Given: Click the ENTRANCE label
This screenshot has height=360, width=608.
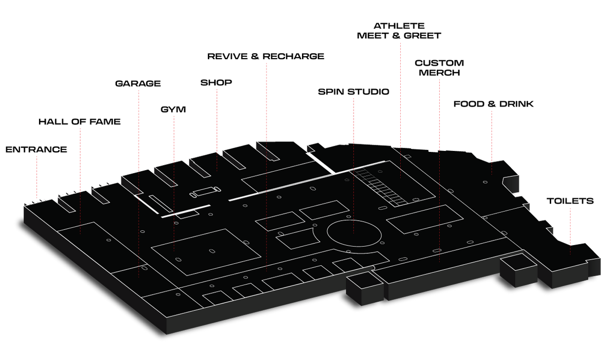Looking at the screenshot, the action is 36,149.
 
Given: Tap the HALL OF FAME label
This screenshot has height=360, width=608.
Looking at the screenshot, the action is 80,122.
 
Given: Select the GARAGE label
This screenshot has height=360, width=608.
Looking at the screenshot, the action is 138,83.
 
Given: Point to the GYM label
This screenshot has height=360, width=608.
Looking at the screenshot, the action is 173,109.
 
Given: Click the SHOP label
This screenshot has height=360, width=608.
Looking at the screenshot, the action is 216,83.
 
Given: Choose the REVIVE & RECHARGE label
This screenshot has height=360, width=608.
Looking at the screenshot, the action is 265,56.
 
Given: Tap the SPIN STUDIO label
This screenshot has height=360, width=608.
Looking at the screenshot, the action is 354,92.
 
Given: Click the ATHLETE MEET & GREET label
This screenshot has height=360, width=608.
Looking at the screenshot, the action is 399,31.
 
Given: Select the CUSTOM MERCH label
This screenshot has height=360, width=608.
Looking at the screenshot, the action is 439,68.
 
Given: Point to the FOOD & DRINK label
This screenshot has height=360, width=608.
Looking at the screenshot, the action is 493,104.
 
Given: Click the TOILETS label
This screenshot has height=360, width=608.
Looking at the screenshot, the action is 570,201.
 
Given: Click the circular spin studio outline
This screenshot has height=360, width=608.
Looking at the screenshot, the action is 354,220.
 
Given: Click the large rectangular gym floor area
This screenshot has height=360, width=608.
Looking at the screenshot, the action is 206,252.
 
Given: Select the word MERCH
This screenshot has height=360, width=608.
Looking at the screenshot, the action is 439,73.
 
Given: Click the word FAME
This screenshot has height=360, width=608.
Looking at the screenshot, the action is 105,122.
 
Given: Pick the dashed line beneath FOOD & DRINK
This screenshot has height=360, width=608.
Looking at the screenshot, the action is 491,143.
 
